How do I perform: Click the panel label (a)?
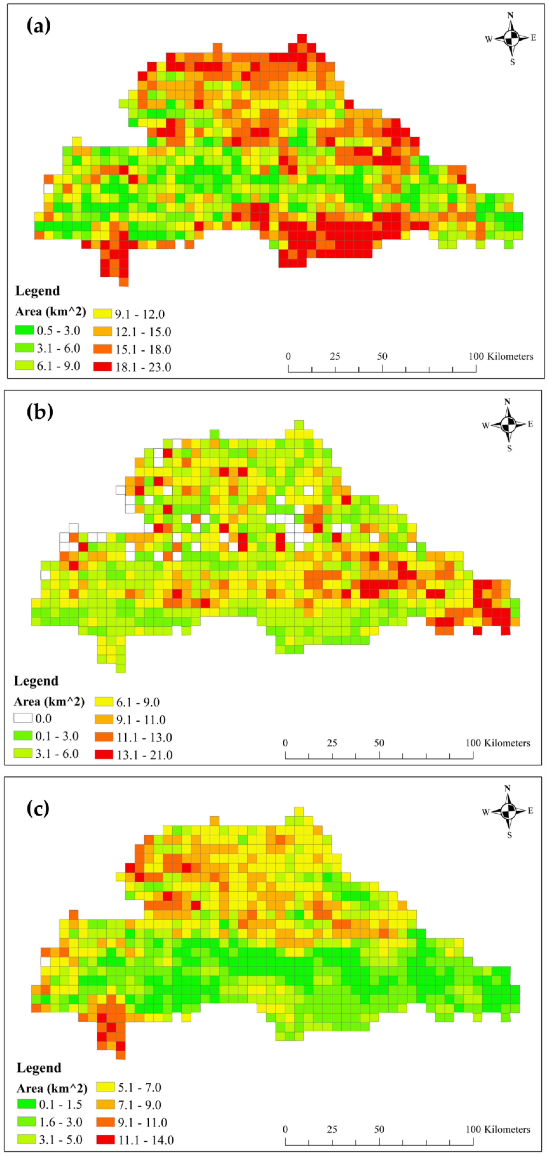[39, 26]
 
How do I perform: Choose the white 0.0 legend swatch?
[23, 718]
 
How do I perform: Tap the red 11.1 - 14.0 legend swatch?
[105, 1139]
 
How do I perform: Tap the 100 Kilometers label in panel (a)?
[501, 356]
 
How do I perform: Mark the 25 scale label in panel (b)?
[332, 743]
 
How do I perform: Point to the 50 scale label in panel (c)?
[379, 1129]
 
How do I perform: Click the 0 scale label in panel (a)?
[288, 356]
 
